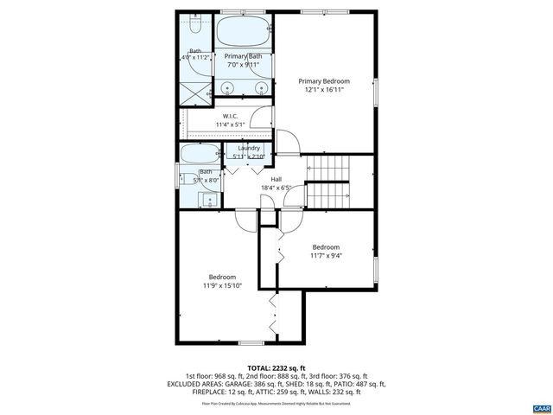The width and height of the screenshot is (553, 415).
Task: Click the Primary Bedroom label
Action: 325,80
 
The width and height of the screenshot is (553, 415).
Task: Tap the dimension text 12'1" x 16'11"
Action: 325,90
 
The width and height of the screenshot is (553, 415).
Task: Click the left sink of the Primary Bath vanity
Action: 228,86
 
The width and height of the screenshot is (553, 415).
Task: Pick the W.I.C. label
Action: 231,116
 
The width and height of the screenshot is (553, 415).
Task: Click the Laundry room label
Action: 249,148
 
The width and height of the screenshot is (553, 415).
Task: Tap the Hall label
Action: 276,179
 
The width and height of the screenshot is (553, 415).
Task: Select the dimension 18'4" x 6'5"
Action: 276,188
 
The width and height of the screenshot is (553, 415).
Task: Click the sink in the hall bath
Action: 209,200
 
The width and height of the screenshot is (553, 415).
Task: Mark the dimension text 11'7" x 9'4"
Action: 326,255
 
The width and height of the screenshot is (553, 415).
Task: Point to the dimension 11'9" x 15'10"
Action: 222,285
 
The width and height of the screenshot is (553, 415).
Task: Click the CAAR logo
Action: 540,406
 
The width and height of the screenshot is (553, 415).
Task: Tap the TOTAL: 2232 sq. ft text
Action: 276,367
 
